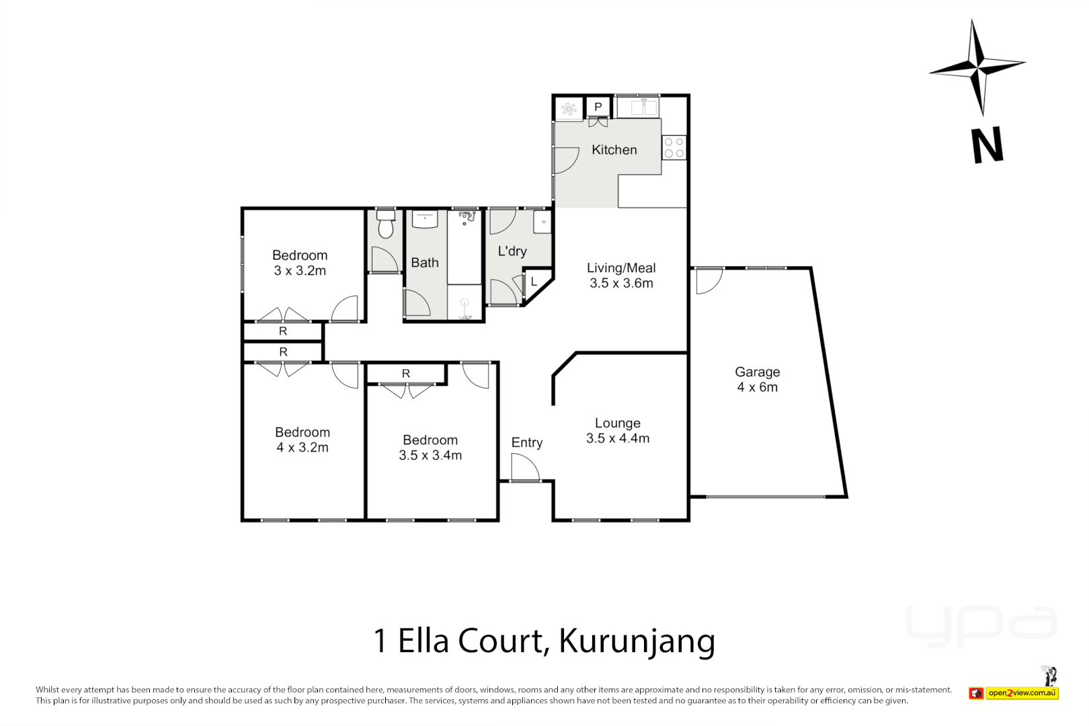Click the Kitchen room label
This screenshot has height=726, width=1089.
coord(614,150)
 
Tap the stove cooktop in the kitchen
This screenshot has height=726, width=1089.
coord(674,148)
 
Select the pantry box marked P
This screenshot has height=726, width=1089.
coord(598,107)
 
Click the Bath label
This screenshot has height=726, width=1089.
coord(425,263)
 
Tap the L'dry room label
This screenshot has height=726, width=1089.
coord(512,251)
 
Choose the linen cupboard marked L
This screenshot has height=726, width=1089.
coord(534,282)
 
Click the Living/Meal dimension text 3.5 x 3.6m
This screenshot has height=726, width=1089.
coord(621,284)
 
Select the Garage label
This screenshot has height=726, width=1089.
coord(758,372)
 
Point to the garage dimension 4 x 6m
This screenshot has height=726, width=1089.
coord(758,387)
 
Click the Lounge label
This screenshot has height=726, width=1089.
coord(618,423)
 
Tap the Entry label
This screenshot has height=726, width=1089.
coord(527,442)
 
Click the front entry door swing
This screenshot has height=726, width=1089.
coord(524,468)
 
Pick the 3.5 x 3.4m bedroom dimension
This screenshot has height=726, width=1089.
coord(430,455)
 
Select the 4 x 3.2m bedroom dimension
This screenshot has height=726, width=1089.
coord(302,448)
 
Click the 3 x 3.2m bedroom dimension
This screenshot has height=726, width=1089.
coord(300,271)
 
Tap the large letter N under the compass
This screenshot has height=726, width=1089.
coord(987,145)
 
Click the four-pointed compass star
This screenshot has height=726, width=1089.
coord(978,67)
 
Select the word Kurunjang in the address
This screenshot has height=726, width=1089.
coord(637,642)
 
